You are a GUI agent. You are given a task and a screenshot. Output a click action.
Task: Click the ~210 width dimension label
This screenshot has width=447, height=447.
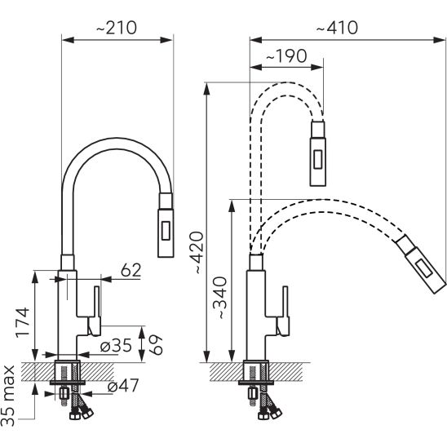click(x=117, y=28)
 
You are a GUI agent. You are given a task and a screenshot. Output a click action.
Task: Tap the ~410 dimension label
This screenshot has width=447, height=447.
click(x=337, y=28)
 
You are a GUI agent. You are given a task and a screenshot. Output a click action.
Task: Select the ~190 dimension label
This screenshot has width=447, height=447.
click(x=286, y=55)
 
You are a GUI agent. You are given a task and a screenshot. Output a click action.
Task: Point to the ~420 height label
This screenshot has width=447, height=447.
click(x=196, y=253)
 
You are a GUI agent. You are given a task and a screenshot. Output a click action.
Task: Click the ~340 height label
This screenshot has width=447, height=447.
click(x=219, y=298)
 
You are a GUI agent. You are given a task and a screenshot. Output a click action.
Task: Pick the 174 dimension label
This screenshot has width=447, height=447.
click(x=22, y=322)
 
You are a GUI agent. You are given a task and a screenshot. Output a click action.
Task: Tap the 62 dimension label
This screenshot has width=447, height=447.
click(x=131, y=270)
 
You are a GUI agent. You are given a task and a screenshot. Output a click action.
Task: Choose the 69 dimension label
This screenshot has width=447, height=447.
click(x=156, y=345)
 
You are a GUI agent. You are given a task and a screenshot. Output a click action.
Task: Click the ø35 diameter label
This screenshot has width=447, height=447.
click(x=116, y=346)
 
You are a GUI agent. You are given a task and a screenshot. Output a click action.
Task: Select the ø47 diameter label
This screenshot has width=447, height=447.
click(x=123, y=386)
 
